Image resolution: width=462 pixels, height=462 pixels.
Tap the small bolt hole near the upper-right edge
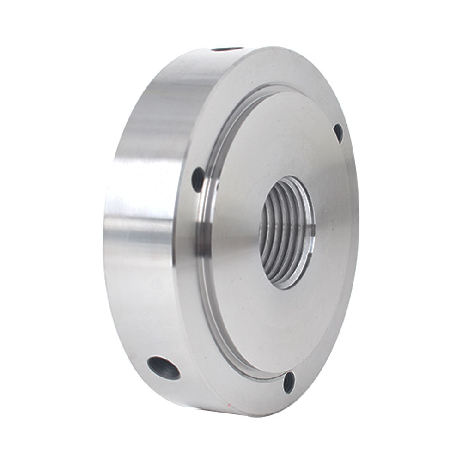(x=338, y=133)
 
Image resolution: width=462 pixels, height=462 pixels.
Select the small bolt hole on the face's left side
(x=198, y=179)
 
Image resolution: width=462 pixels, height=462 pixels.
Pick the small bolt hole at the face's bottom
(x=289, y=383)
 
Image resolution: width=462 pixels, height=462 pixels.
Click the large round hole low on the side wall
(x=164, y=368)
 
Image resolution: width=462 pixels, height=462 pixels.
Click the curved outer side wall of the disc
(x=139, y=208)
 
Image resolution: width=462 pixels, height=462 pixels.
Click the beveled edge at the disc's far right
(x=357, y=222)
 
